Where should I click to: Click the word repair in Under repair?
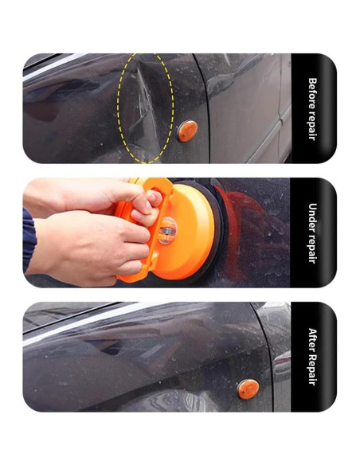(311, 247)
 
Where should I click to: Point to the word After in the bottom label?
(312, 339)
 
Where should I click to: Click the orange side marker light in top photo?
(187, 131)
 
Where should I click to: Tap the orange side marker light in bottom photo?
(248, 389)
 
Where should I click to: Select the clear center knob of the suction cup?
(167, 231)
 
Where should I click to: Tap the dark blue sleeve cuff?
(29, 240)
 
